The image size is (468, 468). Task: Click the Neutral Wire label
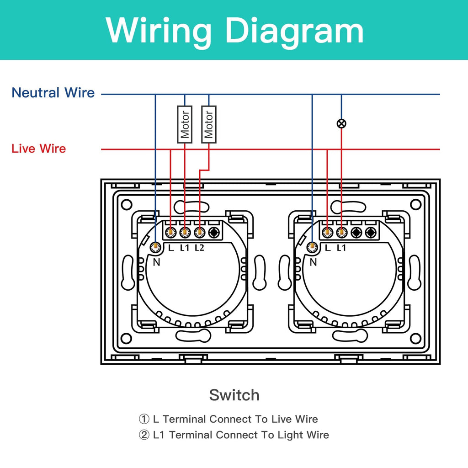(x=53, y=93)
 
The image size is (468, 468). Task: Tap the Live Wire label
(x=39, y=149)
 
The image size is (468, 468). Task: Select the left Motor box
(x=185, y=124)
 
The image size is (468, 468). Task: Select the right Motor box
(x=209, y=124)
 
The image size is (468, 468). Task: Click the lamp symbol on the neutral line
(x=341, y=123)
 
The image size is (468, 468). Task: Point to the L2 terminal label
(x=199, y=248)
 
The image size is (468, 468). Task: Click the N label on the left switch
(x=156, y=262)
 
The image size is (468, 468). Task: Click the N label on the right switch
(x=313, y=262)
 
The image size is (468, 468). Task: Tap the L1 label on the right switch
(x=341, y=248)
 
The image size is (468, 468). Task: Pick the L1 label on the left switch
(x=185, y=248)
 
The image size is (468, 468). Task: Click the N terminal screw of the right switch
(x=313, y=247)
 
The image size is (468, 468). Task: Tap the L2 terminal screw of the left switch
(x=199, y=233)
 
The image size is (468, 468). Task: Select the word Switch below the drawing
(x=234, y=395)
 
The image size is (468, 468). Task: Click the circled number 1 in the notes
(x=144, y=419)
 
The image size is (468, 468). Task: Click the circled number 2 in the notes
(x=144, y=435)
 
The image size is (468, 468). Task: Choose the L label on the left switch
(x=170, y=248)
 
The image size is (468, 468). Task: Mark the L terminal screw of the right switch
(x=327, y=233)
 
